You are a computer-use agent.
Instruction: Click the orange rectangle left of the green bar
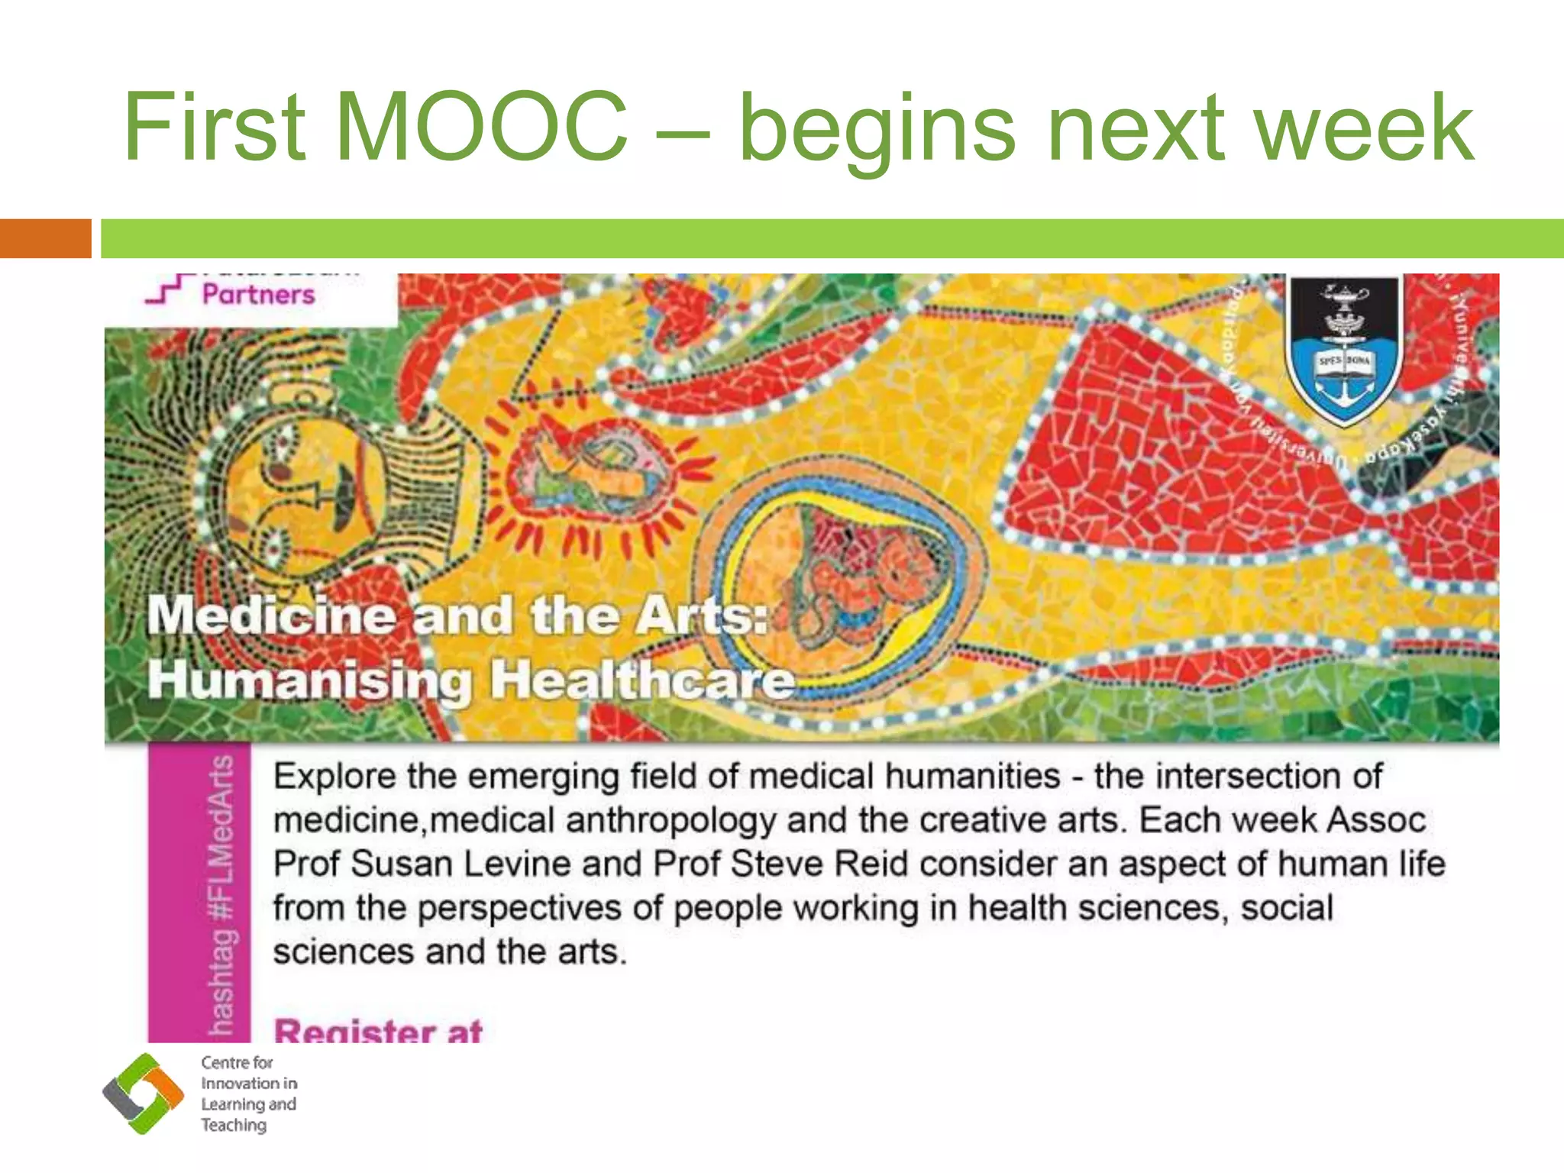pos(45,238)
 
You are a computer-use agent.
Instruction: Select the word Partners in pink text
pos(258,295)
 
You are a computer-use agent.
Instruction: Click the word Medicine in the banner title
pos(271,616)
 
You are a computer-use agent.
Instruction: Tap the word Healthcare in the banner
pos(641,679)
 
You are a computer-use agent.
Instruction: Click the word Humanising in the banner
pos(310,679)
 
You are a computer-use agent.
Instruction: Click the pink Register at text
pos(378,1031)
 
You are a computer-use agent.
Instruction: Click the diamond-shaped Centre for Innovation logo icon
pos(143,1094)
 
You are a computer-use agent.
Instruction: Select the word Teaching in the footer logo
pos(234,1126)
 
